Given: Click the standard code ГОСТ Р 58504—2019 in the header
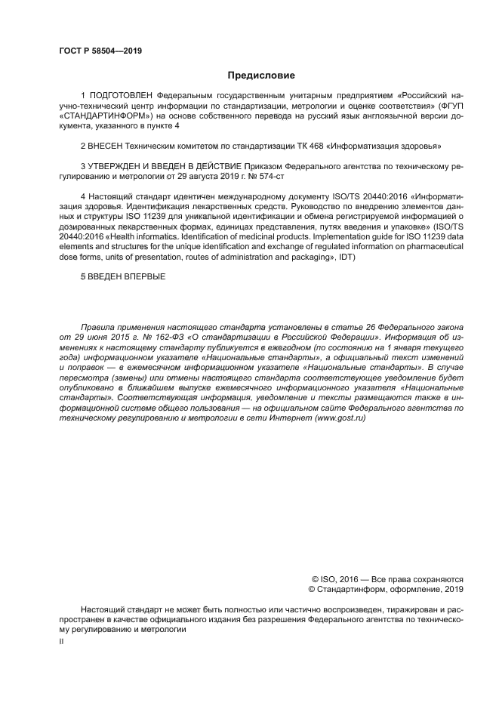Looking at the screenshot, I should click(100, 51).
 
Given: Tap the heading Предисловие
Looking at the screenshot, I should click(261, 75).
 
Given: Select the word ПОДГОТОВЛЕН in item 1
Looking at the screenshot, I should click(122, 97).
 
